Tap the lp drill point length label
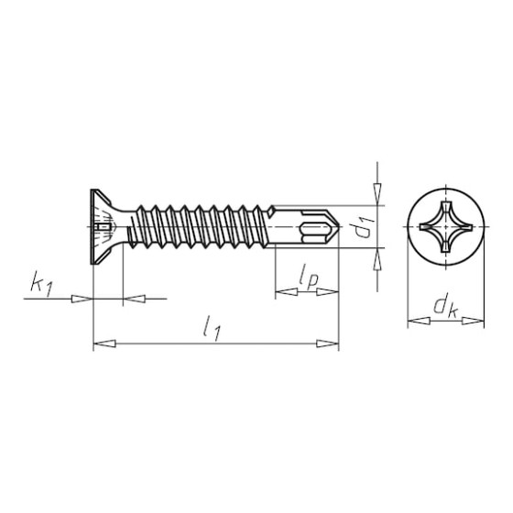pyautogui.click(x=308, y=278)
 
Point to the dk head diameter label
pyautogui.click(x=445, y=307)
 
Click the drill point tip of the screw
pyautogui.click(x=339, y=226)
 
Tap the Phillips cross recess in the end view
pyautogui.click(x=446, y=227)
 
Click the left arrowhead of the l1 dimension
pyautogui.click(x=104, y=344)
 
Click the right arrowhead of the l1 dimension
pyautogui.click(x=328, y=344)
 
